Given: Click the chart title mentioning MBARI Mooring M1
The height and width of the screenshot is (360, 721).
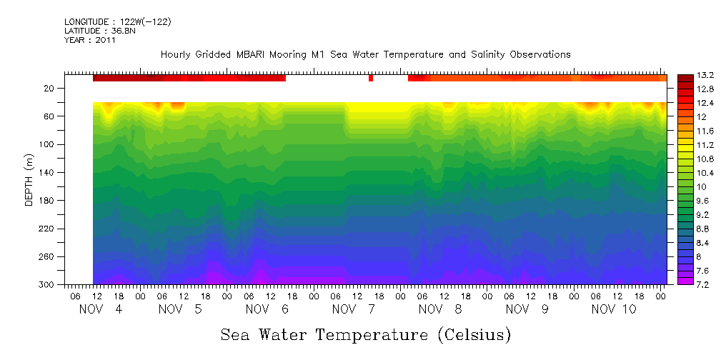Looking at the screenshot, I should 365,54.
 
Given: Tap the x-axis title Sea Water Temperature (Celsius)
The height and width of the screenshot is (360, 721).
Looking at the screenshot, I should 365,334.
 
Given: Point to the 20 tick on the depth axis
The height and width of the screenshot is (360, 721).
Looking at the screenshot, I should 50,89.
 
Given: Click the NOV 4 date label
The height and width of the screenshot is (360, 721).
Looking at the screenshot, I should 101,309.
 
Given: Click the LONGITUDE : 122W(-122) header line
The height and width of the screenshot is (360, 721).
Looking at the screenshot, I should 118,22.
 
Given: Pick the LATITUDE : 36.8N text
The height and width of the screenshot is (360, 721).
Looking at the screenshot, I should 99,31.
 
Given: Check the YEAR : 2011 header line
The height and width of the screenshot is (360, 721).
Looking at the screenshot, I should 90,40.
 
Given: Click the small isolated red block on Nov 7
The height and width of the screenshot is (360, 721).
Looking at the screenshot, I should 370,78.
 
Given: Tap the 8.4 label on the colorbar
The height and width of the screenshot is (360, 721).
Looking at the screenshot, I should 687,243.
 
